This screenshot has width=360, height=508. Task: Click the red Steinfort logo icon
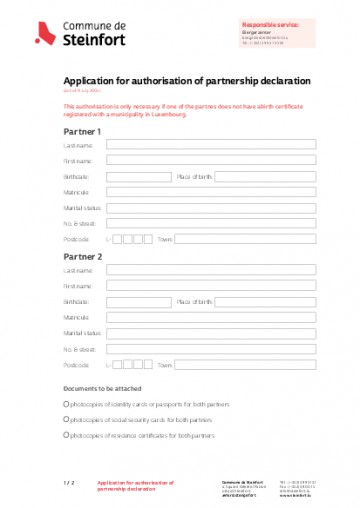click(x=44, y=35)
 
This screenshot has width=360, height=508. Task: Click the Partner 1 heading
click(x=82, y=131)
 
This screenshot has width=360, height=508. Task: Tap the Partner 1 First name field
click(x=217, y=161)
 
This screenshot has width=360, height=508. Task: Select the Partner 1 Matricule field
click(x=217, y=192)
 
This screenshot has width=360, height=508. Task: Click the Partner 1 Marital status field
click(x=217, y=208)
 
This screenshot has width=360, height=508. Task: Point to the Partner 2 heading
click(x=82, y=256)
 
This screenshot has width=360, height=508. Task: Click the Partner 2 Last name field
click(x=217, y=270)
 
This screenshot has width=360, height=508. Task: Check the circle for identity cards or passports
click(x=66, y=404)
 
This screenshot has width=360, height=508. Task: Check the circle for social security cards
click(x=66, y=420)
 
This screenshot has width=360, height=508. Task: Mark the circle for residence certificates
click(x=66, y=435)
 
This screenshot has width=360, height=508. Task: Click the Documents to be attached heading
click(x=102, y=388)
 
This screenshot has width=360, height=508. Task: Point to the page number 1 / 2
click(x=69, y=483)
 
